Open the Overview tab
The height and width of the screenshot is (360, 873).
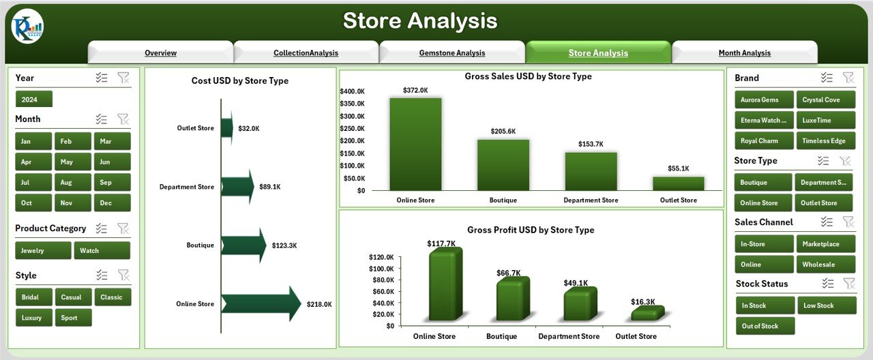pyautogui.click(x=160, y=53)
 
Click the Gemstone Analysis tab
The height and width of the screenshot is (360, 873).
pyautogui.click(x=452, y=53)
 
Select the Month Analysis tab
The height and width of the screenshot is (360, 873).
pyautogui.click(x=744, y=53)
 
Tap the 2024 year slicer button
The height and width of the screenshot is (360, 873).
pyautogui.click(x=33, y=100)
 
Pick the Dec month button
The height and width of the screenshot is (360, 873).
pyautogui.click(x=112, y=203)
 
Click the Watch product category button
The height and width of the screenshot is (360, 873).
pyautogui.click(x=102, y=251)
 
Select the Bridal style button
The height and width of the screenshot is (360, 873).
pyautogui.click(x=33, y=297)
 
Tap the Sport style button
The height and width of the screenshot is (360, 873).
pyautogui.click(x=72, y=318)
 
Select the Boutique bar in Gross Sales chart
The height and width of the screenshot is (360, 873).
pyautogui.click(x=503, y=164)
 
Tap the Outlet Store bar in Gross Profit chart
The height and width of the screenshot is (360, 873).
pyautogui.click(x=646, y=314)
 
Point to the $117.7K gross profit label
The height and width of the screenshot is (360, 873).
pyautogui.click(x=441, y=243)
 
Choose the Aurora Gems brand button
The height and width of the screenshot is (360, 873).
pyautogui.click(x=763, y=100)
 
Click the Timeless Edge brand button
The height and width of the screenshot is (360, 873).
pyautogui.click(x=825, y=141)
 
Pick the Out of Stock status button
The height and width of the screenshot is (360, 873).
pyautogui.click(x=765, y=326)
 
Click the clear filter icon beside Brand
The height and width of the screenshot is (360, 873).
pyautogui.click(x=848, y=78)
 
